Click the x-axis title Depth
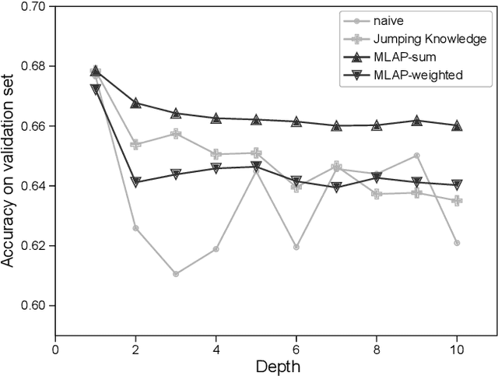275,366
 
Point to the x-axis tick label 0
55,349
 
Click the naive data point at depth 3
176,274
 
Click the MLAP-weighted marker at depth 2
135,182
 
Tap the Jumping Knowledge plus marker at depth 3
176,134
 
